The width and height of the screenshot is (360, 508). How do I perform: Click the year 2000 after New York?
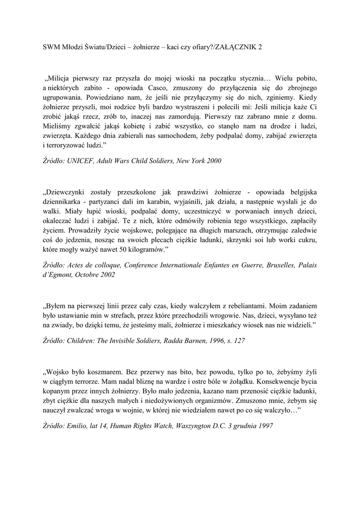(x=213, y=161)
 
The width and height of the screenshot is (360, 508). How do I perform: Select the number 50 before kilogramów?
(x=116, y=248)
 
